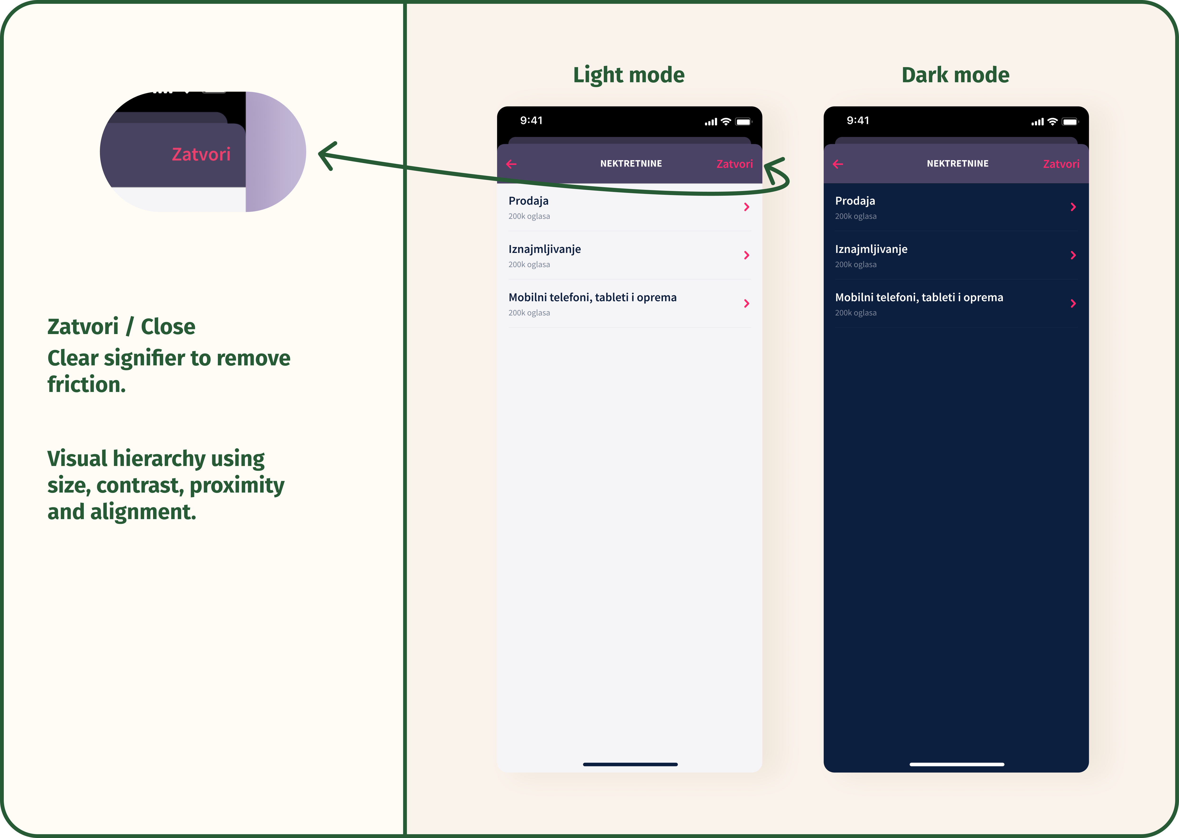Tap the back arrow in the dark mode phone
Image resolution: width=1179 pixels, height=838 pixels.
pyautogui.click(x=838, y=164)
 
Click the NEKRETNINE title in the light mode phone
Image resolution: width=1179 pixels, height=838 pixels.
pyautogui.click(x=631, y=163)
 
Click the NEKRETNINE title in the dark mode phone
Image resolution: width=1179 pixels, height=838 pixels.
pyautogui.click(x=958, y=163)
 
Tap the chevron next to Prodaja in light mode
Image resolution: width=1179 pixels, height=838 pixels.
pyautogui.click(x=747, y=207)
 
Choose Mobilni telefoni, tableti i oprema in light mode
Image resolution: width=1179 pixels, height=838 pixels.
pyautogui.click(x=592, y=298)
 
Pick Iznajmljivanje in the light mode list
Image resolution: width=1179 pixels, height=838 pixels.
pyautogui.click(x=545, y=249)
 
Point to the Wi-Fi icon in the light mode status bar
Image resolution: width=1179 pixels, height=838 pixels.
pyautogui.click(x=726, y=122)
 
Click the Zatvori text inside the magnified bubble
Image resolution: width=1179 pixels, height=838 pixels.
pyautogui.click(x=201, y=154)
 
